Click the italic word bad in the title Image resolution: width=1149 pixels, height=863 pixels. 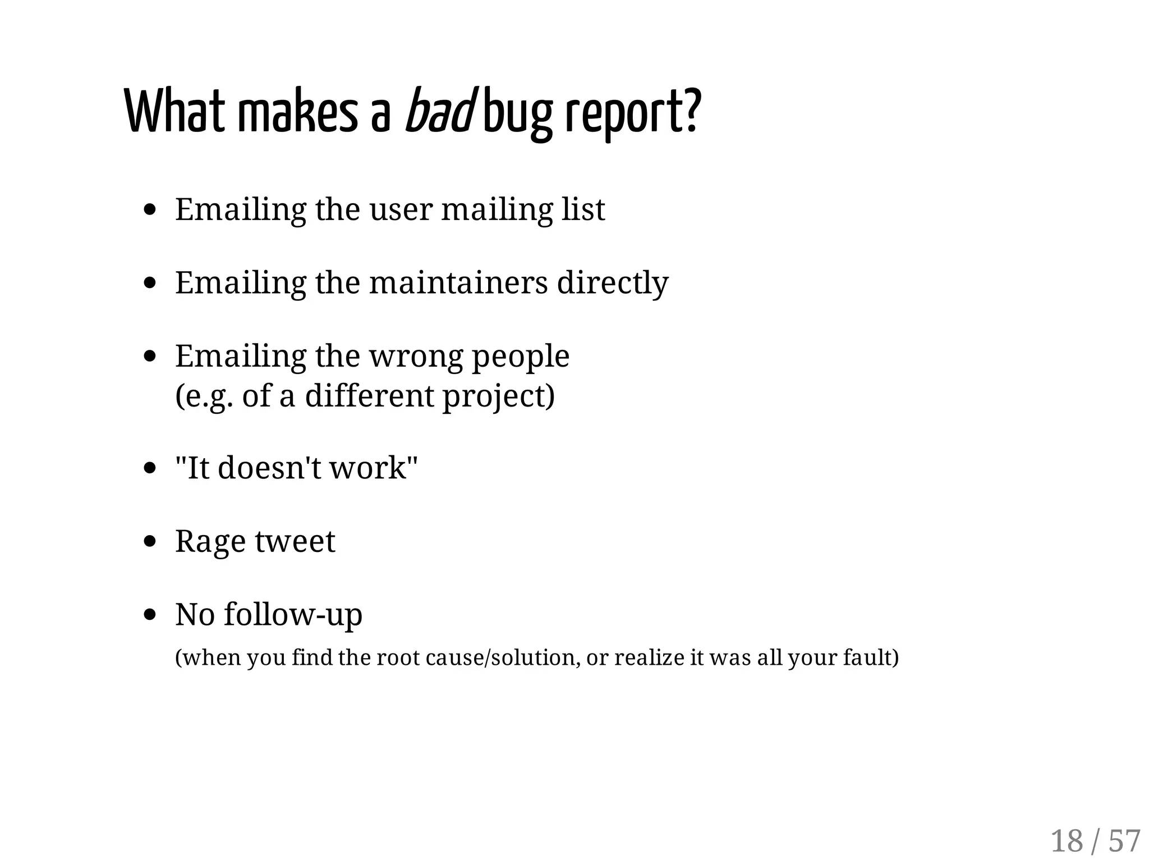[439, 111]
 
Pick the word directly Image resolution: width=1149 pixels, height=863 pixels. [613, 284]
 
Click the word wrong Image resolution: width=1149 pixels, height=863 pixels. [416, 357]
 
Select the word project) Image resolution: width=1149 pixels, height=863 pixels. [499, 397]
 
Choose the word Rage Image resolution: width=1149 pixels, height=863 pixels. [210, 542]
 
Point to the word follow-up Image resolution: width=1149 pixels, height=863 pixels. [293, 615]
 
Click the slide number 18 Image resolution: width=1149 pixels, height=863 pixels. [1067, 841]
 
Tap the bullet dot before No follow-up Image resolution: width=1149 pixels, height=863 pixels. [149, 614]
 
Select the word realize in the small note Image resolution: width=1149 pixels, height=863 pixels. [649, 657]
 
